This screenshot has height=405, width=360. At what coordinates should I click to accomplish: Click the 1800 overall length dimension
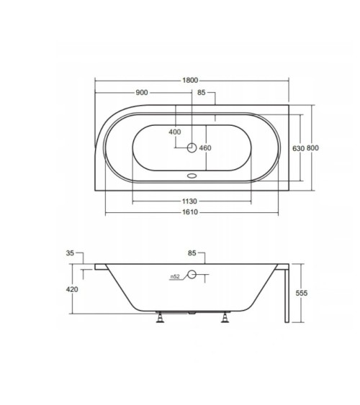pos(190,81)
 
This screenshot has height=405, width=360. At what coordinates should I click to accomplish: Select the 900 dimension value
pos(142,93)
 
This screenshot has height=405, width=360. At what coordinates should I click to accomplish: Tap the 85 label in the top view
pos(202,93)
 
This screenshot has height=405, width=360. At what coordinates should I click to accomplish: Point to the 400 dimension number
pos(175,132)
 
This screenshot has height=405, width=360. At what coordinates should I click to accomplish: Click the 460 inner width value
pos(205,148)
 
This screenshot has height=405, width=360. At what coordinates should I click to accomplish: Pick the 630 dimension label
pos(298,148)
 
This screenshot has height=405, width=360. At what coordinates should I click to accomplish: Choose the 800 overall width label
pos(312,148)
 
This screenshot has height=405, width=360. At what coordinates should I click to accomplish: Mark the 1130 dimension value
pos(189,201)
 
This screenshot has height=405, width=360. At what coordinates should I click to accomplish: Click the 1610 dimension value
pos(190,212)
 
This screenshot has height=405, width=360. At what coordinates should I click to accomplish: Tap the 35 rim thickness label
pos(70,253)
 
